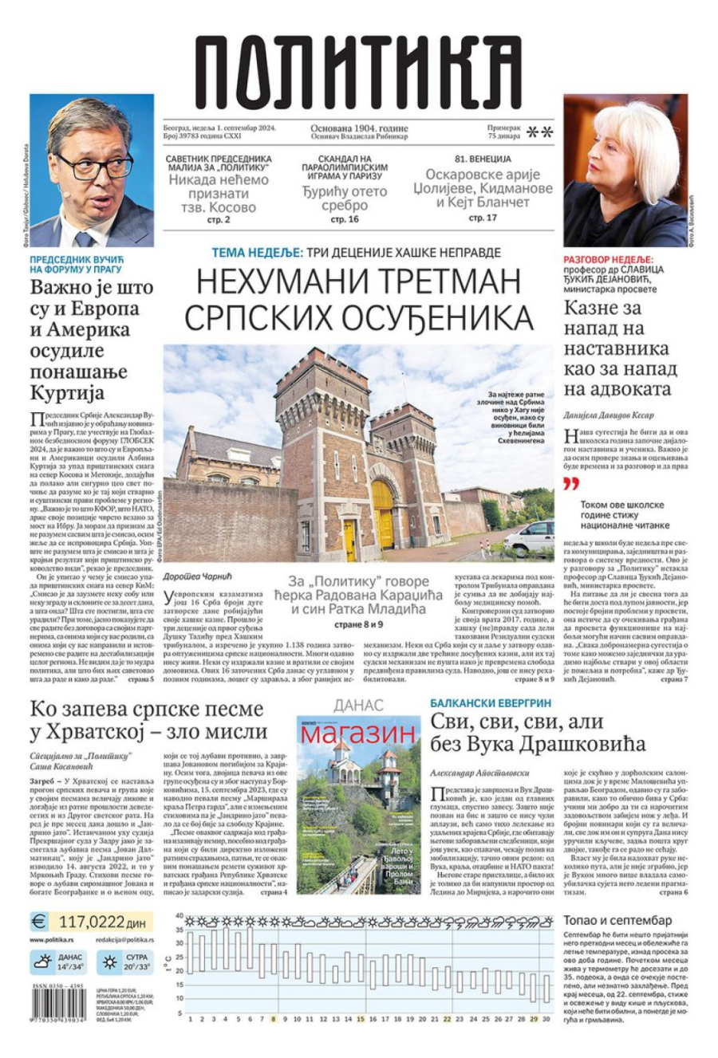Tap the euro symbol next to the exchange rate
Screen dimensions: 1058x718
pos(40,922)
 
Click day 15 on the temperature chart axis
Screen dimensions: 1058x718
pos(361,1018)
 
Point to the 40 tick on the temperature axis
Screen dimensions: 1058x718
pos(179,916)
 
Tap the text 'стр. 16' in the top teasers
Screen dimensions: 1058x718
pos(344,218)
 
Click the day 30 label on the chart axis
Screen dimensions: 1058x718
pos(545,1018)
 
